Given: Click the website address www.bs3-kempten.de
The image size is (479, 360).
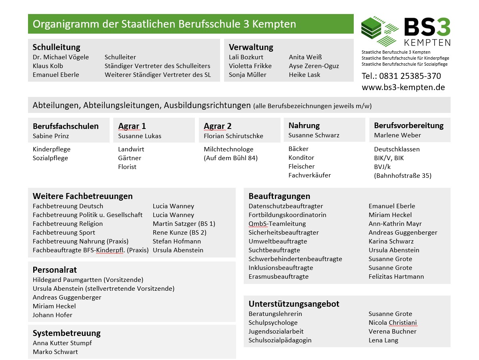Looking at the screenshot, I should click(403, 87).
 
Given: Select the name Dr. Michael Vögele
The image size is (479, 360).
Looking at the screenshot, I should click(61, 57).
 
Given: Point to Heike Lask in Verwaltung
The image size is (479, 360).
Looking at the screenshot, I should click(305, 74).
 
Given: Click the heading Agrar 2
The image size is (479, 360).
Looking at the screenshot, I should click(217, 126).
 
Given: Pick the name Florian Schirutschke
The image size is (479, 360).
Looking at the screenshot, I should click(233, 136).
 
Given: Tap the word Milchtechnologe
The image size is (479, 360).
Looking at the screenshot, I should click(228, 149).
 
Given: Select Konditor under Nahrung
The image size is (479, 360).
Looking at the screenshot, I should click(301, 157).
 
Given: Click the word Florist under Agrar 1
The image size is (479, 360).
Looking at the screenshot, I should click(127, 167).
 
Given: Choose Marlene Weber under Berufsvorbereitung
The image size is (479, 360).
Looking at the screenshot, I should click(397, 135).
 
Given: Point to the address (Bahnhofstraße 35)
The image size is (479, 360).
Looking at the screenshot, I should click(403, 175).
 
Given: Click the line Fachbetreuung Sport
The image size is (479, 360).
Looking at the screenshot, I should click(64, 232).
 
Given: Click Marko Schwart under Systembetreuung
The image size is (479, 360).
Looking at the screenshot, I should click(55, 352).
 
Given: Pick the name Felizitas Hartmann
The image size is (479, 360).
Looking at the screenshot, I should click(396, 276).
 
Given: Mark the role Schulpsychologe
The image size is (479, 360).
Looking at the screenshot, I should click(273, 322).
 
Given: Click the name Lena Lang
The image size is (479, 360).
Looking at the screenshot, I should click(383, 340).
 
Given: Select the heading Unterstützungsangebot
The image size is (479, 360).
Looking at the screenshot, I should click(294, 304).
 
